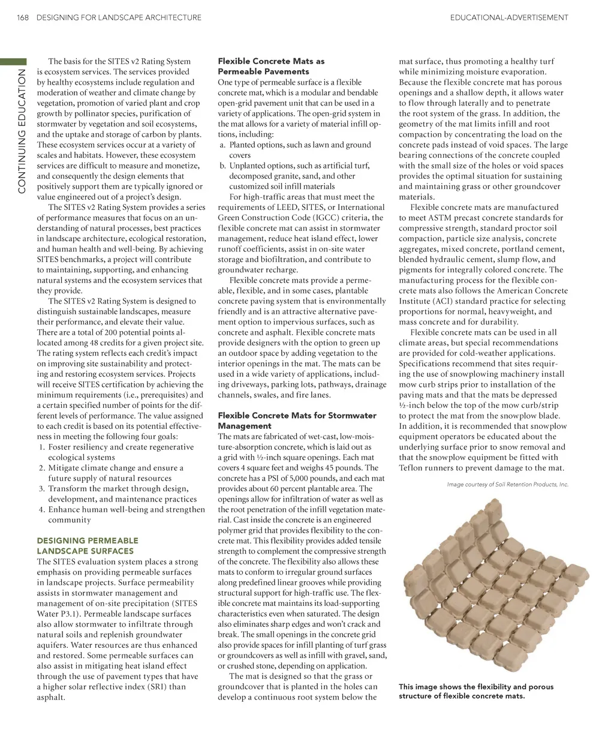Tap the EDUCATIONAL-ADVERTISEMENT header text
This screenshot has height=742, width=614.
tap(508, 18)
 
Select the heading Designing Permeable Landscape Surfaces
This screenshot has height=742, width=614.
tap(88, 545)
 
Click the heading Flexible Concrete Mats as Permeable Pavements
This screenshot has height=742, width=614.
tap(271, 66)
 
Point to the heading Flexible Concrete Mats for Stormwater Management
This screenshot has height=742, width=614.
tap(297, 420)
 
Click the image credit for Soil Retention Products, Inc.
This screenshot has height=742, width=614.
tap(507, 485)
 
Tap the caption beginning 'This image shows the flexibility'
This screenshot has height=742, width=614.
tap(476, 692)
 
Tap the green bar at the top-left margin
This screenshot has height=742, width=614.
tap(13, 61)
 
